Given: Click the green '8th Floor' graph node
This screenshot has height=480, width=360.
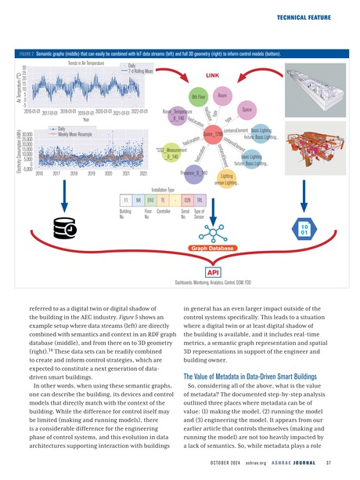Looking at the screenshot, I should coord(198,97).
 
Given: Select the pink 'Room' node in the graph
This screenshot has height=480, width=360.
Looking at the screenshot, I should coord(222,95).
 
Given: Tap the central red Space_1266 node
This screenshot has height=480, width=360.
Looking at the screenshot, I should coord(214,135).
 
